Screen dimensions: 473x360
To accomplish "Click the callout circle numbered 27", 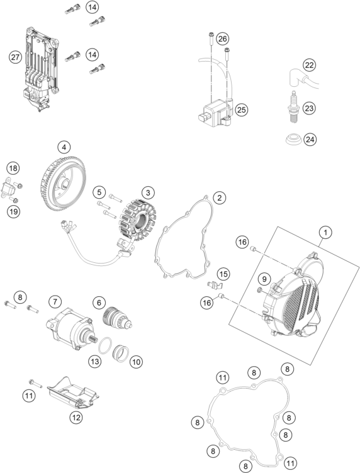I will tap(14, 57).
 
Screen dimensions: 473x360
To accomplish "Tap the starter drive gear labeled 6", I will tap(118, 316).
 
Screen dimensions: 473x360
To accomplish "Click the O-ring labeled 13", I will tap(108, 345).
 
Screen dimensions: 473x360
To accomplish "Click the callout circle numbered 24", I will tap(309, 139).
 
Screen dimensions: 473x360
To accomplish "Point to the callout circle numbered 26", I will tap(222, 39).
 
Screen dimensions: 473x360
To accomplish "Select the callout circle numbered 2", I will tap(219, 198).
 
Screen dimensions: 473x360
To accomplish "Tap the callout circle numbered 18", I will tap(13, 168).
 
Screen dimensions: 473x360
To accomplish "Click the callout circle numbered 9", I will tap(265, 279).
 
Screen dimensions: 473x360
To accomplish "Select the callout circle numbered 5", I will tap(99, 192).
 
